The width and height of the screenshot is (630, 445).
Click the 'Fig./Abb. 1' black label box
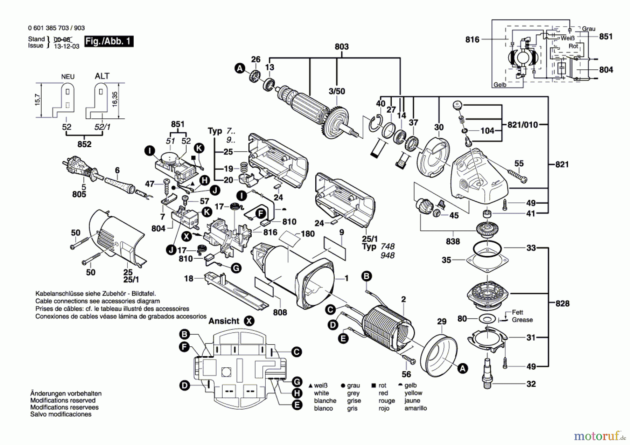(x=108, y=41)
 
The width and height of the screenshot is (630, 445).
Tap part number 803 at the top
(x=341, y=47)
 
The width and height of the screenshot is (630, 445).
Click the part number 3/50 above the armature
(x=337, y=91)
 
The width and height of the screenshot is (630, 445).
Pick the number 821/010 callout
(x=522, y=125)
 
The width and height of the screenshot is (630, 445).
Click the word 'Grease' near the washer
(x=522, y=320)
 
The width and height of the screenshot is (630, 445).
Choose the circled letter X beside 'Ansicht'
(x=249, y=321)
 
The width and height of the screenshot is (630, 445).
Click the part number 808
(x=280, y=312)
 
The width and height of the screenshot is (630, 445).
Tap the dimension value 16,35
(x=115, y=100)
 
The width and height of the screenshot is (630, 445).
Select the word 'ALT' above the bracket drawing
(x=102, y=76)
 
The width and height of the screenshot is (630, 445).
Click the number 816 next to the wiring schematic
(x=472, y=40)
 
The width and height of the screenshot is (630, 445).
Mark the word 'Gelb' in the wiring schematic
(x=500, y=85)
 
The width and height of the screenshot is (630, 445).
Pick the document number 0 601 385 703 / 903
(x=56, y=28)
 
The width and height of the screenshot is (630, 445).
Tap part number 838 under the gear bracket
(x=453, y=241)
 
